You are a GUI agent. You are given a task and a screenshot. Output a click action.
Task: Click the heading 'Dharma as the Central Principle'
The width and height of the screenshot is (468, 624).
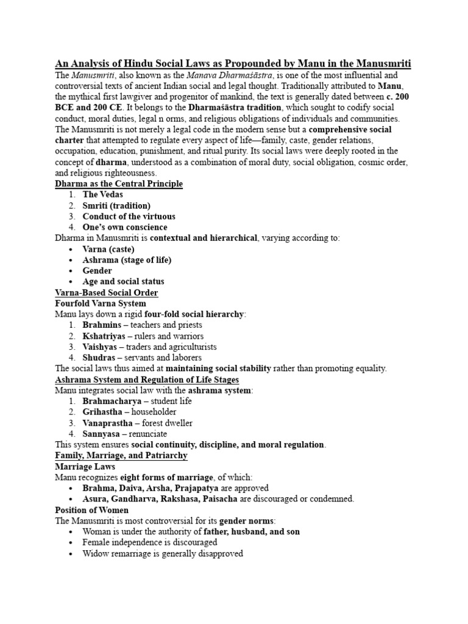119,183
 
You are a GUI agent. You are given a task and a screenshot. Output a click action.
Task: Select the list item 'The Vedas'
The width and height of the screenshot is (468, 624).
102,194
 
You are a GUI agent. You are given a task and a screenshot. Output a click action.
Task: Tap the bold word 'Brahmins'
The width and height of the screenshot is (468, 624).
101,325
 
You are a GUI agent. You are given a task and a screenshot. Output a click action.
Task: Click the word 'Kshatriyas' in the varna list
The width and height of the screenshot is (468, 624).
104,336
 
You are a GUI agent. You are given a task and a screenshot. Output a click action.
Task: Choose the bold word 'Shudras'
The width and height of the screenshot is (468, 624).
99,358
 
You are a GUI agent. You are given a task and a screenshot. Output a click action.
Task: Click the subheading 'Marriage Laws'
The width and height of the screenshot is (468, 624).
85,466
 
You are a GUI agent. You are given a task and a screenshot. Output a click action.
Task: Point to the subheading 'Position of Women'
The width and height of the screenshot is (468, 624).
92,509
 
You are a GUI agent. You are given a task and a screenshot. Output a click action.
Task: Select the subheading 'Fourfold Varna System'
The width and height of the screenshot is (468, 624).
101,303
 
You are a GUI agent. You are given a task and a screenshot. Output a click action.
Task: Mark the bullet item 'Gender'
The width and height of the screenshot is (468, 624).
97,271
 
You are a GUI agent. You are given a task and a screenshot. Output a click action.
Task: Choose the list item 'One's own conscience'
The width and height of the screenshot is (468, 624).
125,227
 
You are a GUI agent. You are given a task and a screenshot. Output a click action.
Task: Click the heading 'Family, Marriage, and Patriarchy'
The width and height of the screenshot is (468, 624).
121,455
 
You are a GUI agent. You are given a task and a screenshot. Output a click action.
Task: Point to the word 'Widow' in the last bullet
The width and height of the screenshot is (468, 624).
96,553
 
